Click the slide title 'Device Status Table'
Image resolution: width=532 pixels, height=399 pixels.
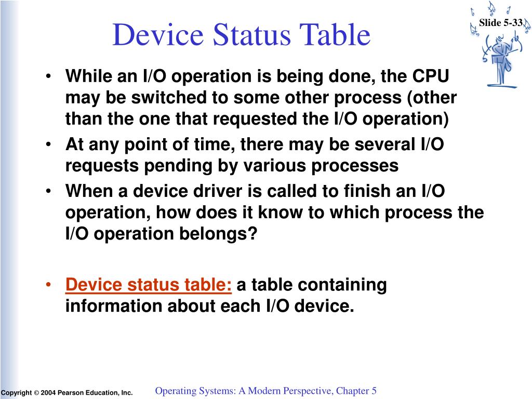click(x=241, y=35)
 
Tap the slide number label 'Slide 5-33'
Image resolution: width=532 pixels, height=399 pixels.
click(x=500, y=22)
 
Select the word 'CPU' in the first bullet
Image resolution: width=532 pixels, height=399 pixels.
click(x=431, y=77)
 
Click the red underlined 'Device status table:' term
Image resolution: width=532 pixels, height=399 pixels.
click(x=149, y=285)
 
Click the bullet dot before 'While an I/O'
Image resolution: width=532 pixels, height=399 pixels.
click(x=48, y=77)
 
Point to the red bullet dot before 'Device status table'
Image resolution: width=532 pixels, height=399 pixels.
click(x=48, y=285)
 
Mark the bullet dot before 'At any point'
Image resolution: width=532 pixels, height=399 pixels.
click(x=48, y=144)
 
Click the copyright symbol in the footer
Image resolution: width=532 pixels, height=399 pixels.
click(x=36, y=393)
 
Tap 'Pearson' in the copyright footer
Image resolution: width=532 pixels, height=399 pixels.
click(x=69, y=393)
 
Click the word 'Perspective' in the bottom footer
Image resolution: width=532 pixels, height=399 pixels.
click(x=304, y=391)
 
